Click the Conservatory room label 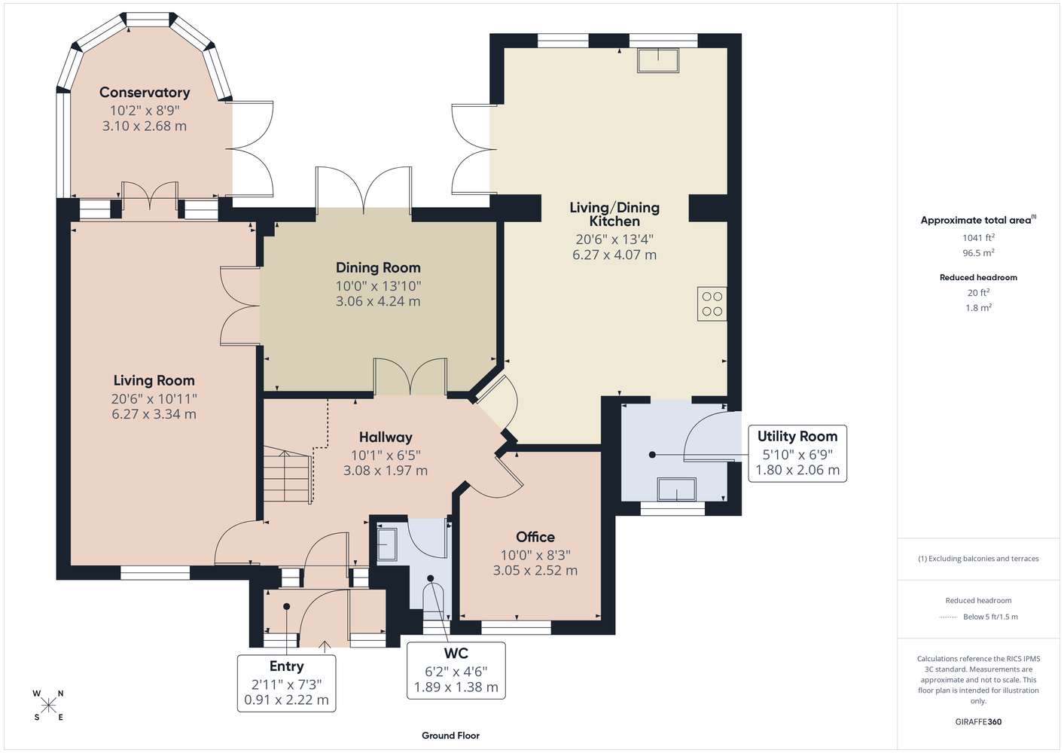coord(145,92)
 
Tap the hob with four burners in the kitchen coord(712,304)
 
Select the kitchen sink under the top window coord(658,60)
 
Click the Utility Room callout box coord(797,454)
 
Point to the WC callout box coord(456,670)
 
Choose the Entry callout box coord(286,683)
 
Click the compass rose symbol coord(48,706)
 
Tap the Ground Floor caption coord(451,736)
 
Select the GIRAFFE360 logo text coord(978,721)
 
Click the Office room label coord(535,537)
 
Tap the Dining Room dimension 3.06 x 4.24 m coord(378,301)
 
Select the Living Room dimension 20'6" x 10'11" coord(154,398)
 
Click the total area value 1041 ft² coord(978,237)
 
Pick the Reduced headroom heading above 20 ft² coord(978,277)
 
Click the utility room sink coord(677,489)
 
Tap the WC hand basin coord(386,544)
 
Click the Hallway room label coord(386,437)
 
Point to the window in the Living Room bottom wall coord(155,573)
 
